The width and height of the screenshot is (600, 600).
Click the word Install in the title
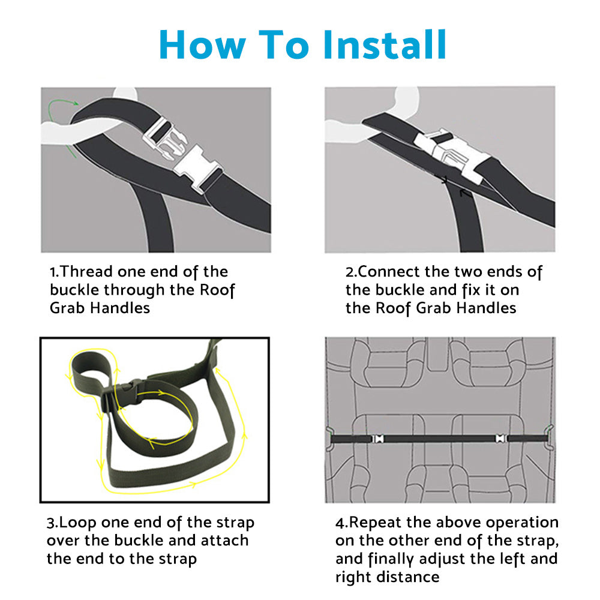click(385, 44)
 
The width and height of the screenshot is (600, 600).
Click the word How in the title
click(202, 45)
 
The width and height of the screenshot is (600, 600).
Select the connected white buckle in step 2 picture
click(452, 152)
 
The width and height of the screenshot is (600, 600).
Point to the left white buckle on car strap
click(378, 439)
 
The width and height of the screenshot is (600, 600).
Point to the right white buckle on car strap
click(501, 439)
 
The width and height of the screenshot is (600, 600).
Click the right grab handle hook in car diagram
click(550, 437)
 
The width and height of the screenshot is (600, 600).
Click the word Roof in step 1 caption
click(217, 290)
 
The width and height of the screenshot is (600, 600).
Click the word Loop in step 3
click(77, 523)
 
